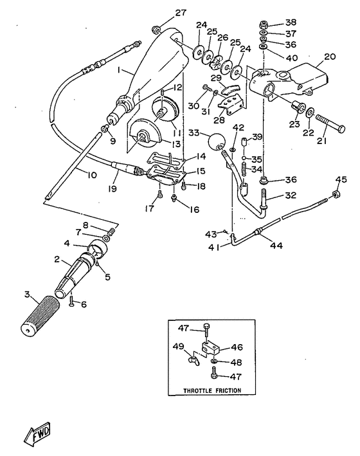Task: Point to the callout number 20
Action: [330, 56]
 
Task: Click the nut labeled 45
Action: [335, 194]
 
